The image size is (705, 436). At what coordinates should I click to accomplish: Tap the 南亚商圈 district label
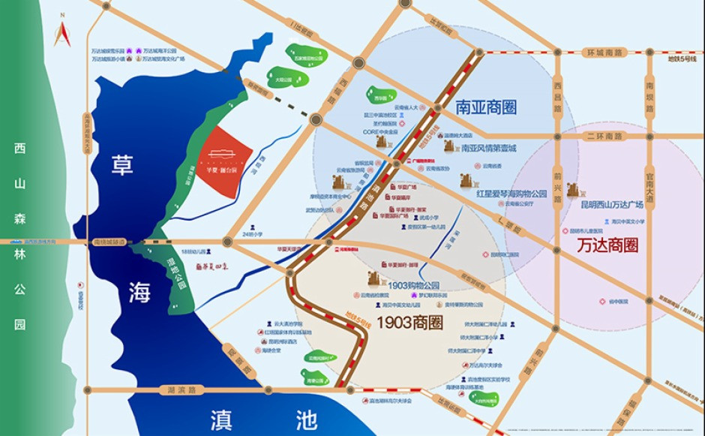pyautogui.click(x=486, y=107)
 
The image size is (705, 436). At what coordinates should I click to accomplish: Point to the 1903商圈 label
pyautogui.click(x=409, y=323)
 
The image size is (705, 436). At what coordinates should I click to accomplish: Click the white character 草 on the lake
pyautogui.click(x=121, y=165)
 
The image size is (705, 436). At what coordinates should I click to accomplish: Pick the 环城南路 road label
pyautogui.click(x=605, y=53)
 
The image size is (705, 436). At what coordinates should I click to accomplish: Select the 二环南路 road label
pyautogui.click(x=605, y=136)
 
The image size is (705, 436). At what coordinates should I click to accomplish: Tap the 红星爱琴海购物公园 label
pyautogui.click(x=511, y=193)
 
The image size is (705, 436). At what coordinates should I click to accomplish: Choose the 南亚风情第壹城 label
pyautogui.click(x=488, y=148)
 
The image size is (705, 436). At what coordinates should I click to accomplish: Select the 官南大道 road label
pyautogui.click(x=650, y=181)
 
